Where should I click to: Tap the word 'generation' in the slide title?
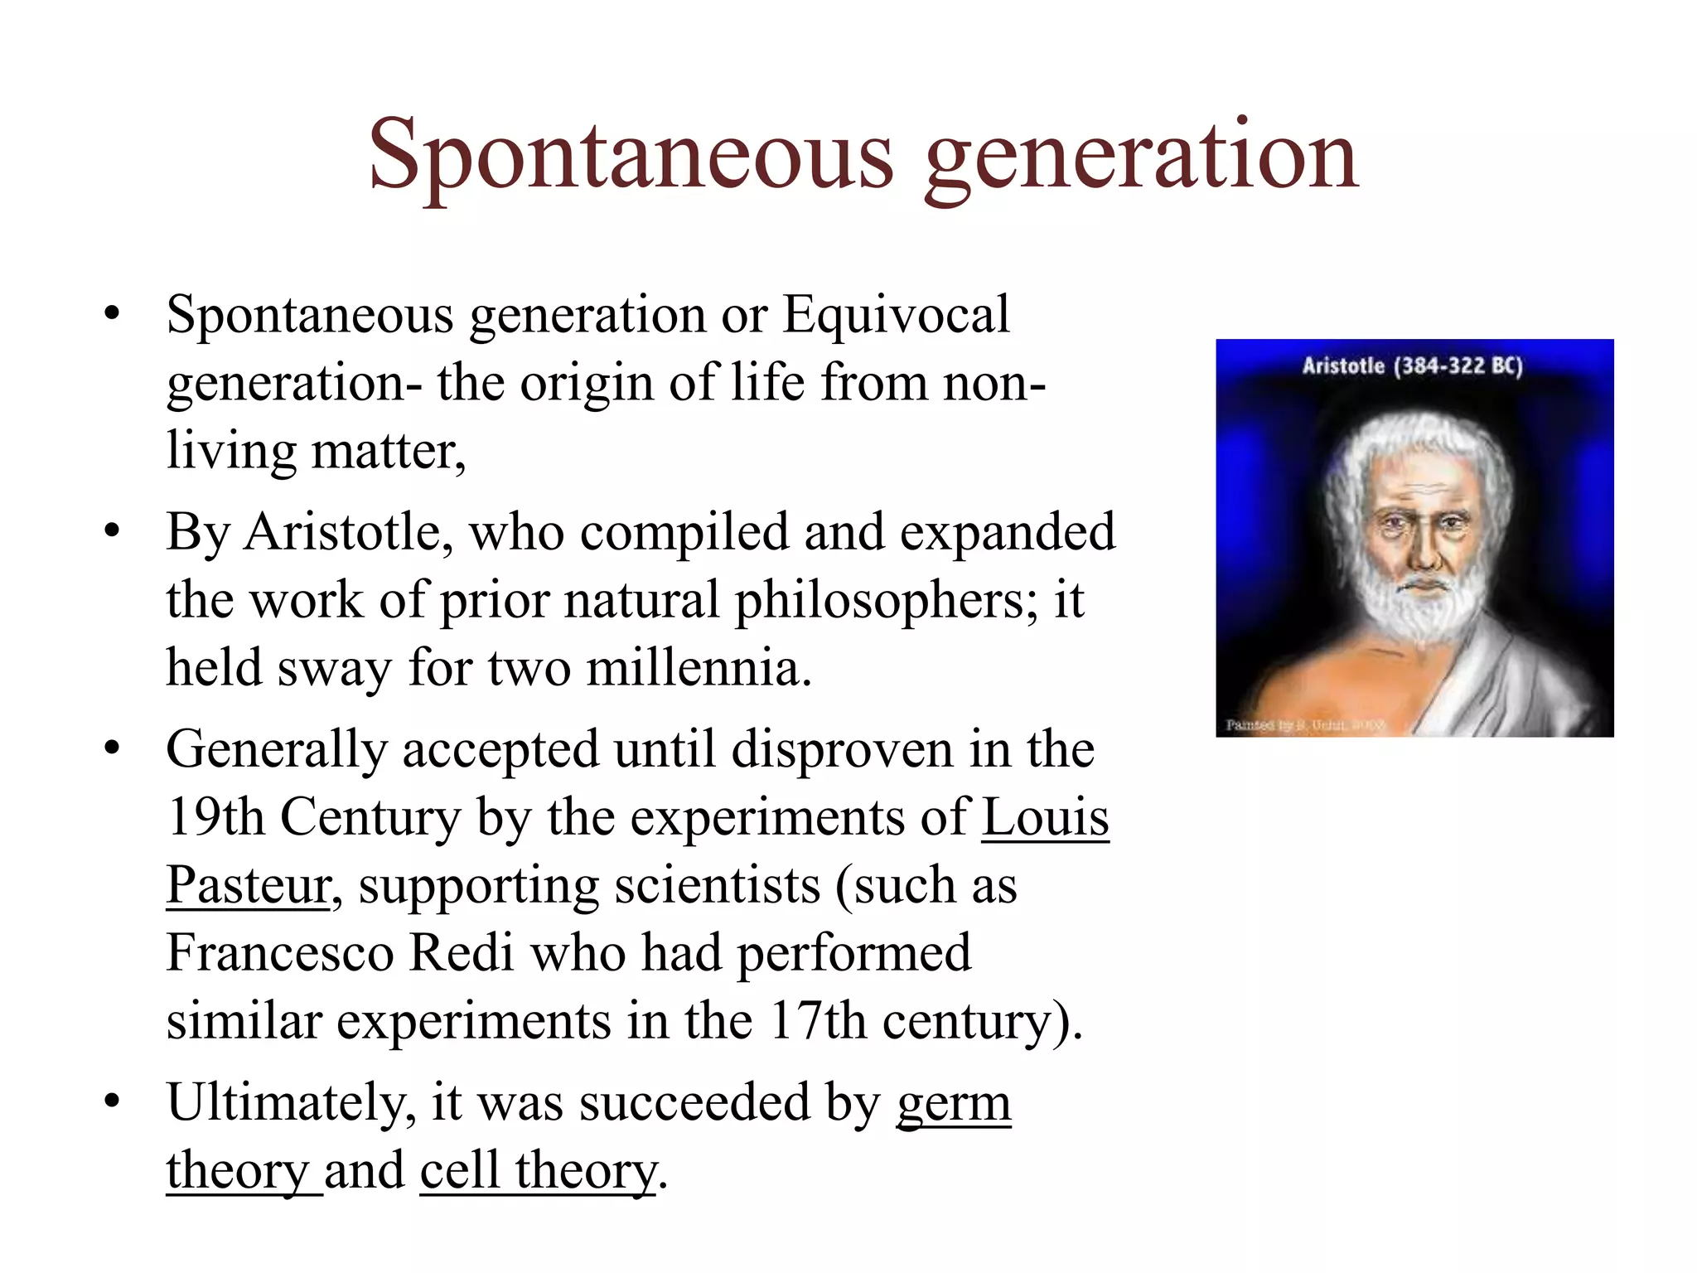pos(1141,157)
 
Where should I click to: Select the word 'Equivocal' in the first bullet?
pos(896,315)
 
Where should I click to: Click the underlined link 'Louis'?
pos(1045,817)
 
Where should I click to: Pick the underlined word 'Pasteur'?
pos(249,885)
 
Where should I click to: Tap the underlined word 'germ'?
pos(954,1103)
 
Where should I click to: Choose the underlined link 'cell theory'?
pos(539,1171)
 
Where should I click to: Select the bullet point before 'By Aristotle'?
pos(113,531)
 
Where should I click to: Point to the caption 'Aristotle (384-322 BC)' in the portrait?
pos(1413,366)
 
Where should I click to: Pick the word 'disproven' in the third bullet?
pos(843,750)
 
